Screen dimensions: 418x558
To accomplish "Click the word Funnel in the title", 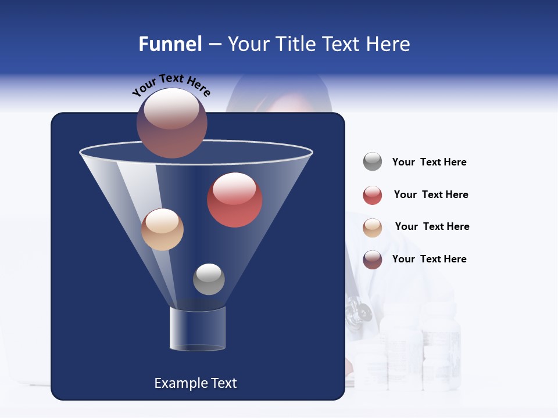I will (x=170, y=44).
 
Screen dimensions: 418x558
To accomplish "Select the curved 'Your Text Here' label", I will (x=171, y=85).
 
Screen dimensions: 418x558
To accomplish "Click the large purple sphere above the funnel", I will (x=171, y=123).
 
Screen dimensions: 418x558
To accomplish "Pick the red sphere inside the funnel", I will (x=234, y=200).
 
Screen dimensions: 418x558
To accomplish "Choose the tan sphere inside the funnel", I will (x=162, y=229).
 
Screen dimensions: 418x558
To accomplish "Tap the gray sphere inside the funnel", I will (x=209, y=279).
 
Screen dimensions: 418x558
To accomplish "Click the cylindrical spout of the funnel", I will (x=198, y=328).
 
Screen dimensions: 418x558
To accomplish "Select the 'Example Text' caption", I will (x=195, y=383).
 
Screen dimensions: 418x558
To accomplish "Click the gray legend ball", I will (x=373, y=162).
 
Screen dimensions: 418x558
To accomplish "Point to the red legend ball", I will (x=373, y=195).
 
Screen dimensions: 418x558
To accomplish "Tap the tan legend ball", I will (x=373, y=228).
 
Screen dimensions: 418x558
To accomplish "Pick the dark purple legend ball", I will (x=373, y=260).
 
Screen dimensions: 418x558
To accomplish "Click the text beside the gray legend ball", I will (x=429, y=162).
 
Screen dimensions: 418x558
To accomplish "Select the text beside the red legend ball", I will (x=431, y=194).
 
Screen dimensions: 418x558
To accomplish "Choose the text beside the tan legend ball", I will (x=432, y=226).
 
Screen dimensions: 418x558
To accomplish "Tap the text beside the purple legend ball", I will (x=429, y=259).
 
